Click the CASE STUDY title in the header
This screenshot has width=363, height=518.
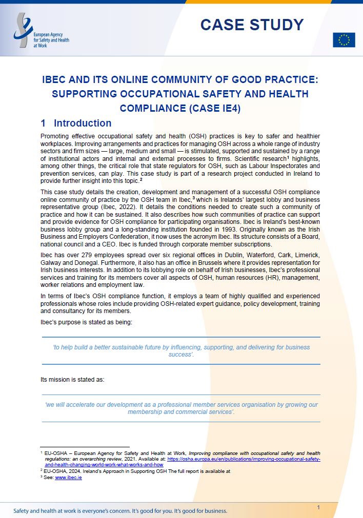251,24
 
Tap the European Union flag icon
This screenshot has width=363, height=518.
344,40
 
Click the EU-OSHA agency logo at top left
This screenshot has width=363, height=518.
41,32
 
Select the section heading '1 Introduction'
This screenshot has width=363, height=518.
76,123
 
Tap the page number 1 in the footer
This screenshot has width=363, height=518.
318,507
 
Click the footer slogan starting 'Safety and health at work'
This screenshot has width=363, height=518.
120,511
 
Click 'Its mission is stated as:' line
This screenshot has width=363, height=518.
72,380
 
